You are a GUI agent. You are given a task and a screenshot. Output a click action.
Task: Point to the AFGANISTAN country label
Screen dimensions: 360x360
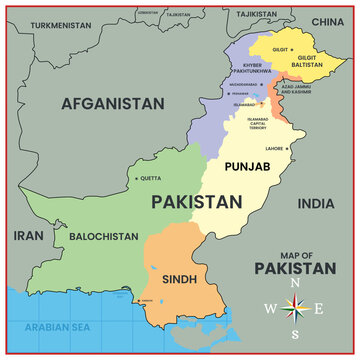pos(112,103)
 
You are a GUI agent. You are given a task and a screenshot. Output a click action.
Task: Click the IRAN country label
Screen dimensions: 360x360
pos(27,237)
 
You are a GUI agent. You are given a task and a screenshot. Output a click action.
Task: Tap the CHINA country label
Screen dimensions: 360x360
pos(326,21)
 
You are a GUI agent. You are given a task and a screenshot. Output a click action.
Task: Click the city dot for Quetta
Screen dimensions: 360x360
pos(136,179)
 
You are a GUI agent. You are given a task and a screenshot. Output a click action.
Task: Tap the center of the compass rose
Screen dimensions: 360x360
pos(295,309)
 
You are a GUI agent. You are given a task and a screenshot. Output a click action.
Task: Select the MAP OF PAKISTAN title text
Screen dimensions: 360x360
pos(295,263)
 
